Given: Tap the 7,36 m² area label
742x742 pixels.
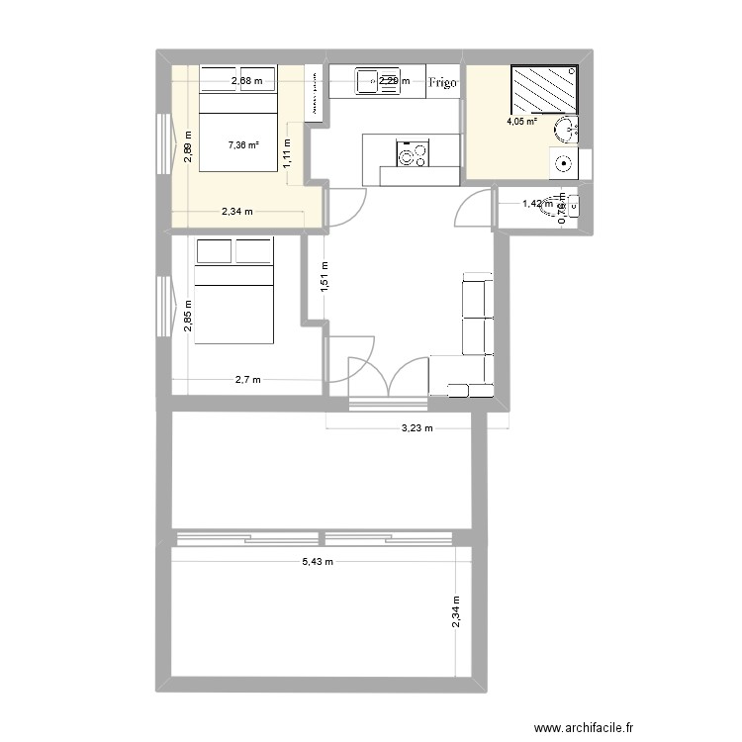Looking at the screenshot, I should (x=243, y=144).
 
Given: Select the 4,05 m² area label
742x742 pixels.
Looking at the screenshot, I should (x=522, y=123).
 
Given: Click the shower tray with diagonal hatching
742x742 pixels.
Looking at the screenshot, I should (x=544, y=90).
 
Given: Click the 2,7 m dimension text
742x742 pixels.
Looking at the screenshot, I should (x=246, y=379).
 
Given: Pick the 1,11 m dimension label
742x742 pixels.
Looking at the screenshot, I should (x=288, y=152).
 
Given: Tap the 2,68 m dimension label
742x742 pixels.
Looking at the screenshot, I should (x=247, y=81).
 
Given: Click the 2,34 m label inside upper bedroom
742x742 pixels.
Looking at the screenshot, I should (x=237, y=211).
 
